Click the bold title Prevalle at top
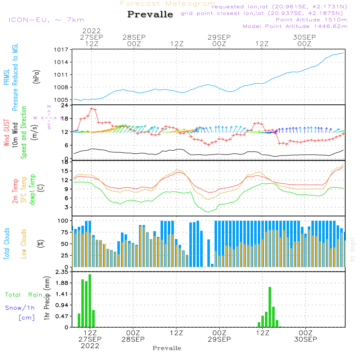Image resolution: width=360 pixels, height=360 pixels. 150,14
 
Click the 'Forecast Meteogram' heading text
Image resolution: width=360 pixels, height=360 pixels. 168,4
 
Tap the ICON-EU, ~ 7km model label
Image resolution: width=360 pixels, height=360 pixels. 46,20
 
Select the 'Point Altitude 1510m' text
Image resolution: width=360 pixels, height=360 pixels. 311,20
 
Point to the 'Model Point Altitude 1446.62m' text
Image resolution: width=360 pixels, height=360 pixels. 295,26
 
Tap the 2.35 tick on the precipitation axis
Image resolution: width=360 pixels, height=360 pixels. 62,272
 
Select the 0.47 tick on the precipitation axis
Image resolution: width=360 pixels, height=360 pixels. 62,316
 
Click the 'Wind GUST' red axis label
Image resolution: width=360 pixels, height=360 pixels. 6,133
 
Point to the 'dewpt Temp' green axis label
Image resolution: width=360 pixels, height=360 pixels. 32,190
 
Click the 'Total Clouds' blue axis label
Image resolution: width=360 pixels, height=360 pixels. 6,244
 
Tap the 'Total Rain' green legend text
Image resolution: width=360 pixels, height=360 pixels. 23,295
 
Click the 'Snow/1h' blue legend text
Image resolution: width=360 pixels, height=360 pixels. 20,308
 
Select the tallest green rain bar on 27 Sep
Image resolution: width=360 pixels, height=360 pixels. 90,301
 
